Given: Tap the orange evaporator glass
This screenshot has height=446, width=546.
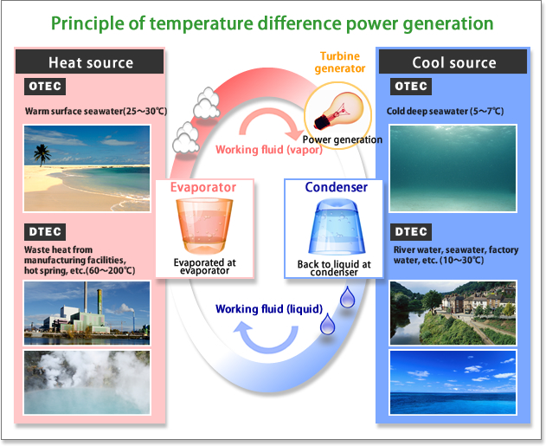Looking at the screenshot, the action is click(x=204, y=226).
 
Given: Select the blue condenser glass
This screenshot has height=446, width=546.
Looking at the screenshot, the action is click(x=337, y=227).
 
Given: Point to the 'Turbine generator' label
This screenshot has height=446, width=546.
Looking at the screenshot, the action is click(x=340, y=62).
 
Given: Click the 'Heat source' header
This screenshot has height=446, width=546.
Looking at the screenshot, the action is click(x=90, y=62).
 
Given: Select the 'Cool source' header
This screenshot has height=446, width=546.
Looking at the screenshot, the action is click(x=453, y=62).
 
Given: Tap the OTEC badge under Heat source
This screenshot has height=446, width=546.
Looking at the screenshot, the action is click(x=45, y=86).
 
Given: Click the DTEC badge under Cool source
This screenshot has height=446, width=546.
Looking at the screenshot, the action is click(x=411, y=232).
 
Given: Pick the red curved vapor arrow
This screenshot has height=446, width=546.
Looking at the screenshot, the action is click(x=270, y=117).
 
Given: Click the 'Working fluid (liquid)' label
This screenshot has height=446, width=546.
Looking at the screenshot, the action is click(x=269, y=309).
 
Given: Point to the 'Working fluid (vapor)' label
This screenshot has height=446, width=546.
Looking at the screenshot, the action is click(x=269, y=150).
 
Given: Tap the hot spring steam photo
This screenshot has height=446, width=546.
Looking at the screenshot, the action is click(x=87, y=382).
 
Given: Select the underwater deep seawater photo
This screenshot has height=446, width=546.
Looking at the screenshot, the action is click(x=453, y=168).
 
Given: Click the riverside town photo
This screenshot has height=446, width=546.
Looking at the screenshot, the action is click(x=453, y=313).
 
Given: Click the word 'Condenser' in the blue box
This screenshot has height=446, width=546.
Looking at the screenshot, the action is click(x=336, y=187).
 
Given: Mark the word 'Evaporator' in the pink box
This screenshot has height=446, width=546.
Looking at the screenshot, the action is click(x=203, y=187).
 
